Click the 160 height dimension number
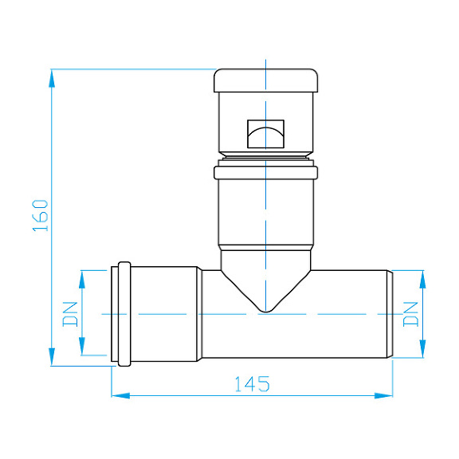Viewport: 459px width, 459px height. (x=40, y=216)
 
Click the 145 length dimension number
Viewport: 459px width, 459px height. (x=253, y=384)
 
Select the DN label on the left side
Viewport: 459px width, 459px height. (x=70, y=314)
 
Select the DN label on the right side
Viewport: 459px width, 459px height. (x=410, y=314)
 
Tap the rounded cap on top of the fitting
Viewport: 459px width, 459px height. (x=266, y=80)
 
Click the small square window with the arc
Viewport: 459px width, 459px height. (x=266, y=134)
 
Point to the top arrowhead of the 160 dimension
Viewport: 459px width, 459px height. (x=52, y=78)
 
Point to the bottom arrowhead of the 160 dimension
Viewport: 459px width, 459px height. (x=52, y=357)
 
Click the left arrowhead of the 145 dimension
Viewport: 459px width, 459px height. (x=120, y=396)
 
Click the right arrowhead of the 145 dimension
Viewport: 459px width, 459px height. (x=383, y=396)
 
